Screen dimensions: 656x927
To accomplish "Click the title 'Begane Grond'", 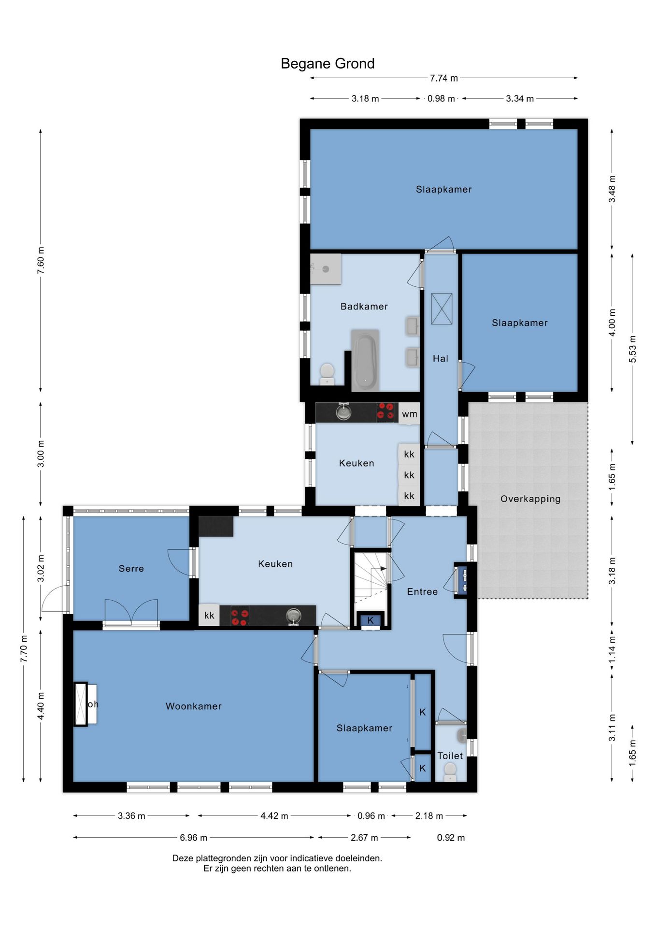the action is (328, 64).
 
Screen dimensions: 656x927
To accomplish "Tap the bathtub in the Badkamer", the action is (365, 360).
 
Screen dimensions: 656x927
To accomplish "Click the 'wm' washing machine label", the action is (409, 414).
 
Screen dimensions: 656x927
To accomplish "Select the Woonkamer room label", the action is (194, 706).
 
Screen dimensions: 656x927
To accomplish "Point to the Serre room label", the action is (131, 568).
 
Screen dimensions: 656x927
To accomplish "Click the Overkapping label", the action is (530, 499).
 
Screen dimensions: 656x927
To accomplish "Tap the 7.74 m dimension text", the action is (444, 78).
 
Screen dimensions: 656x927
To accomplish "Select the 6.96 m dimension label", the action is (194, 837).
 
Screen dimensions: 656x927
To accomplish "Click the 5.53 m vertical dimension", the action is (632, 349).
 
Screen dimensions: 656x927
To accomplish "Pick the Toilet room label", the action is (450, 756).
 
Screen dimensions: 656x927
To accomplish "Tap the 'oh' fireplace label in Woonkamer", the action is (93, 704).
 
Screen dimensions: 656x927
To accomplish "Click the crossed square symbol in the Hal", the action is (442, 309).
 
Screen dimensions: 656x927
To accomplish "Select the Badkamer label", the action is (364, 306).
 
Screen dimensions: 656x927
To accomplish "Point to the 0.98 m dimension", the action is (441, 98).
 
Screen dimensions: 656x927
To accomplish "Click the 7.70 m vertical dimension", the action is (24, 649).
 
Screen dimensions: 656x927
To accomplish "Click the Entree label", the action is (422, 591).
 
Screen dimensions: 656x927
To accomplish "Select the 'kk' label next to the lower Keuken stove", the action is (209, 615).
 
